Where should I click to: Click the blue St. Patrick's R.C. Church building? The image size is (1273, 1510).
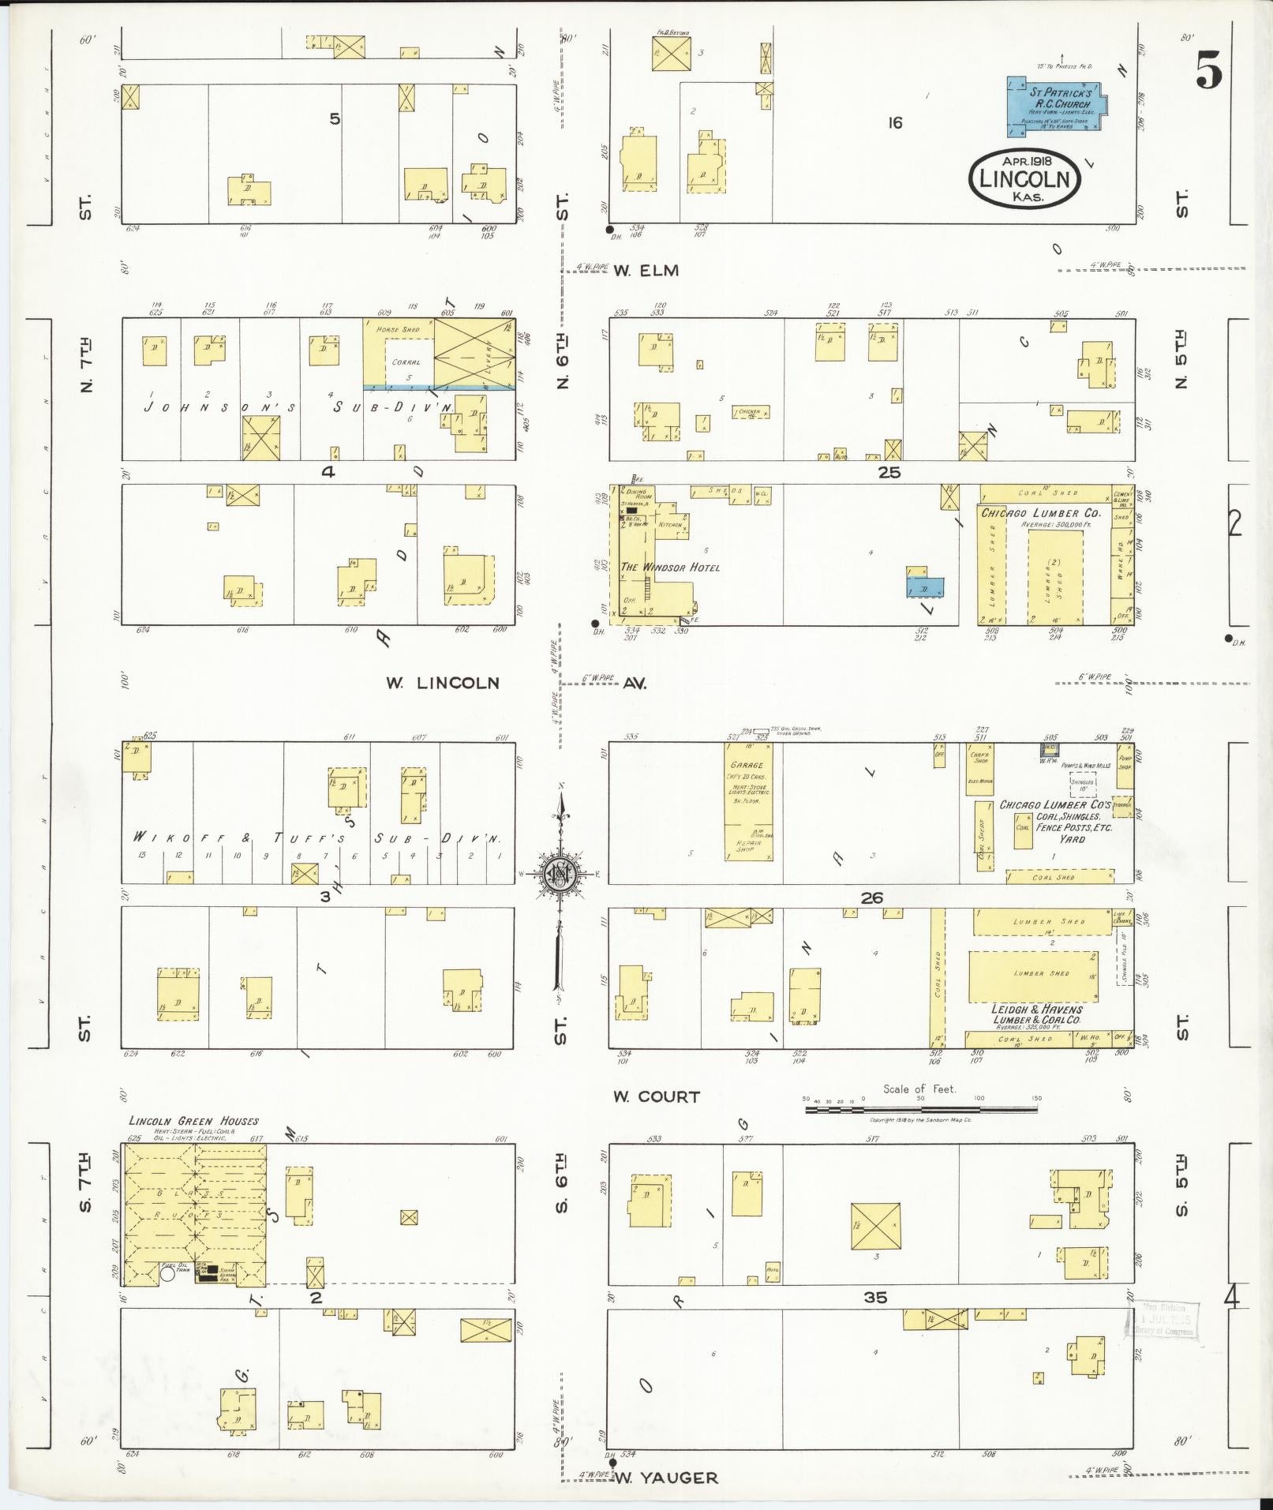(x=1056, y=105)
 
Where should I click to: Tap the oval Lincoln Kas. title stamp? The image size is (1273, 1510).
(x=1024, y=179)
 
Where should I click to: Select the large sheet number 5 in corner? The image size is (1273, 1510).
(x=1208, y=70)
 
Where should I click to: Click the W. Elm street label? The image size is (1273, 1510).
(x=646, y=271)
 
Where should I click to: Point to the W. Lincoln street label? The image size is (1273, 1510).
(x=442, y=683)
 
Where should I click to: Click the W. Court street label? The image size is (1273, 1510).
(x=657, y=1096)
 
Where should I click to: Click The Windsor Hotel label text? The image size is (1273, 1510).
(x=670, y=567)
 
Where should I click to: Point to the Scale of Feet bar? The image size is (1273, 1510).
(x=921, y=1109)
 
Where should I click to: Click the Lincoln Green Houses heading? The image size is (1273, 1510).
(x=193, y=1121)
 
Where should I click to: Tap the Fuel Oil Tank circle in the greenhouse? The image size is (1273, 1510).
(x=167, y=1272)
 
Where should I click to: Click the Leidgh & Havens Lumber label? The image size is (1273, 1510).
(x=1036, y=1014)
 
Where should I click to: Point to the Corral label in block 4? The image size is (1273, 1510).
(x=406, y=362)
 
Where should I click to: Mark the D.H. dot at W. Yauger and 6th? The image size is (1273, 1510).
(x=614, y=1462)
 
